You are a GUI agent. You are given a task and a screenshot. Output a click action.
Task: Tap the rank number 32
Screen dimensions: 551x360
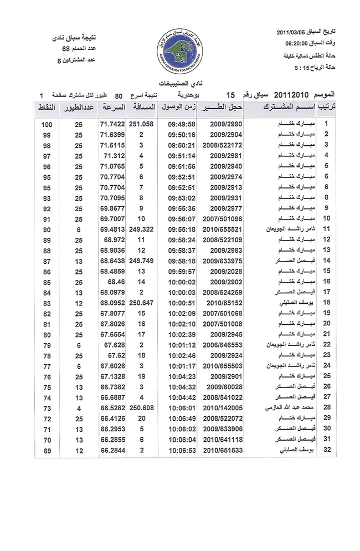tap(327, 450)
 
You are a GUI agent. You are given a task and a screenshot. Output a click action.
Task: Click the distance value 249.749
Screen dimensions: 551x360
tap(142, 260)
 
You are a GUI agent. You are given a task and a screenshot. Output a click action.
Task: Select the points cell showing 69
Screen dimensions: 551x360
tap(47, 450)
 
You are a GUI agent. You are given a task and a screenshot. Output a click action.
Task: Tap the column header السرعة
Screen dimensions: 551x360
tap(113, 106)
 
